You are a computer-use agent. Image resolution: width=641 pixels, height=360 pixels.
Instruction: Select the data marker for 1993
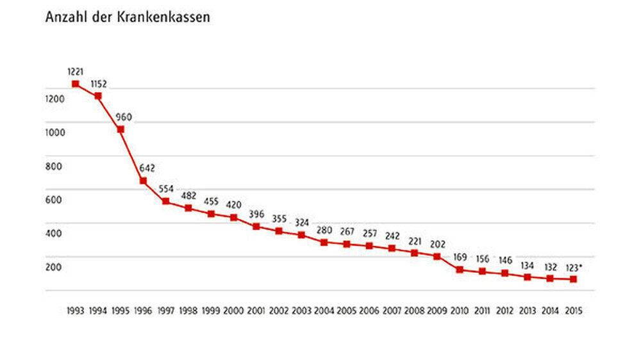76,84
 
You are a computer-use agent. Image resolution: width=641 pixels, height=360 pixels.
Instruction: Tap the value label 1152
98,84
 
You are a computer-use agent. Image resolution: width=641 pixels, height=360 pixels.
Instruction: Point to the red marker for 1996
144,181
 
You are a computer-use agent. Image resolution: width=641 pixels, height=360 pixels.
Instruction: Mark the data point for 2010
460,270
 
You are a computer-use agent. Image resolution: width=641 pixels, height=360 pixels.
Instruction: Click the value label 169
460,258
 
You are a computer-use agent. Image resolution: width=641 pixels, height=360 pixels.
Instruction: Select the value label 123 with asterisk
574,267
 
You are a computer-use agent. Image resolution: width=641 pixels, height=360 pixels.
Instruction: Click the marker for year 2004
324,242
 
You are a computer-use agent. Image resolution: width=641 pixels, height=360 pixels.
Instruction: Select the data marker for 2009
437,256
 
